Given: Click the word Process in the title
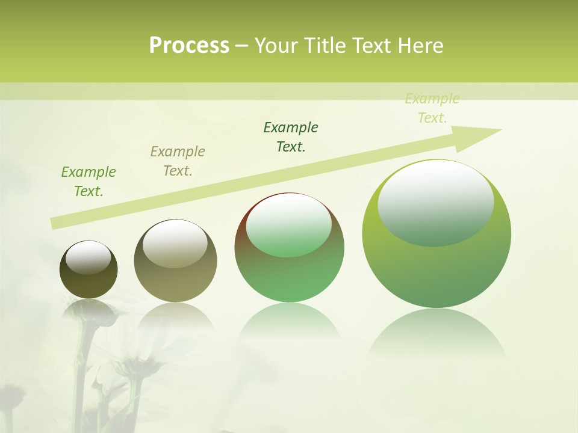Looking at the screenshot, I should tap(189, 46).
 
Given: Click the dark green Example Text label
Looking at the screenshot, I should tap(291, 137).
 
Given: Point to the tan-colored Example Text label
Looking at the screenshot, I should tap(178, 161).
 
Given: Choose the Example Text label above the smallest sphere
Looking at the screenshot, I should tap(89, 181).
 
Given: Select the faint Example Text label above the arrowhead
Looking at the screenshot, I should tap(432, 108).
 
